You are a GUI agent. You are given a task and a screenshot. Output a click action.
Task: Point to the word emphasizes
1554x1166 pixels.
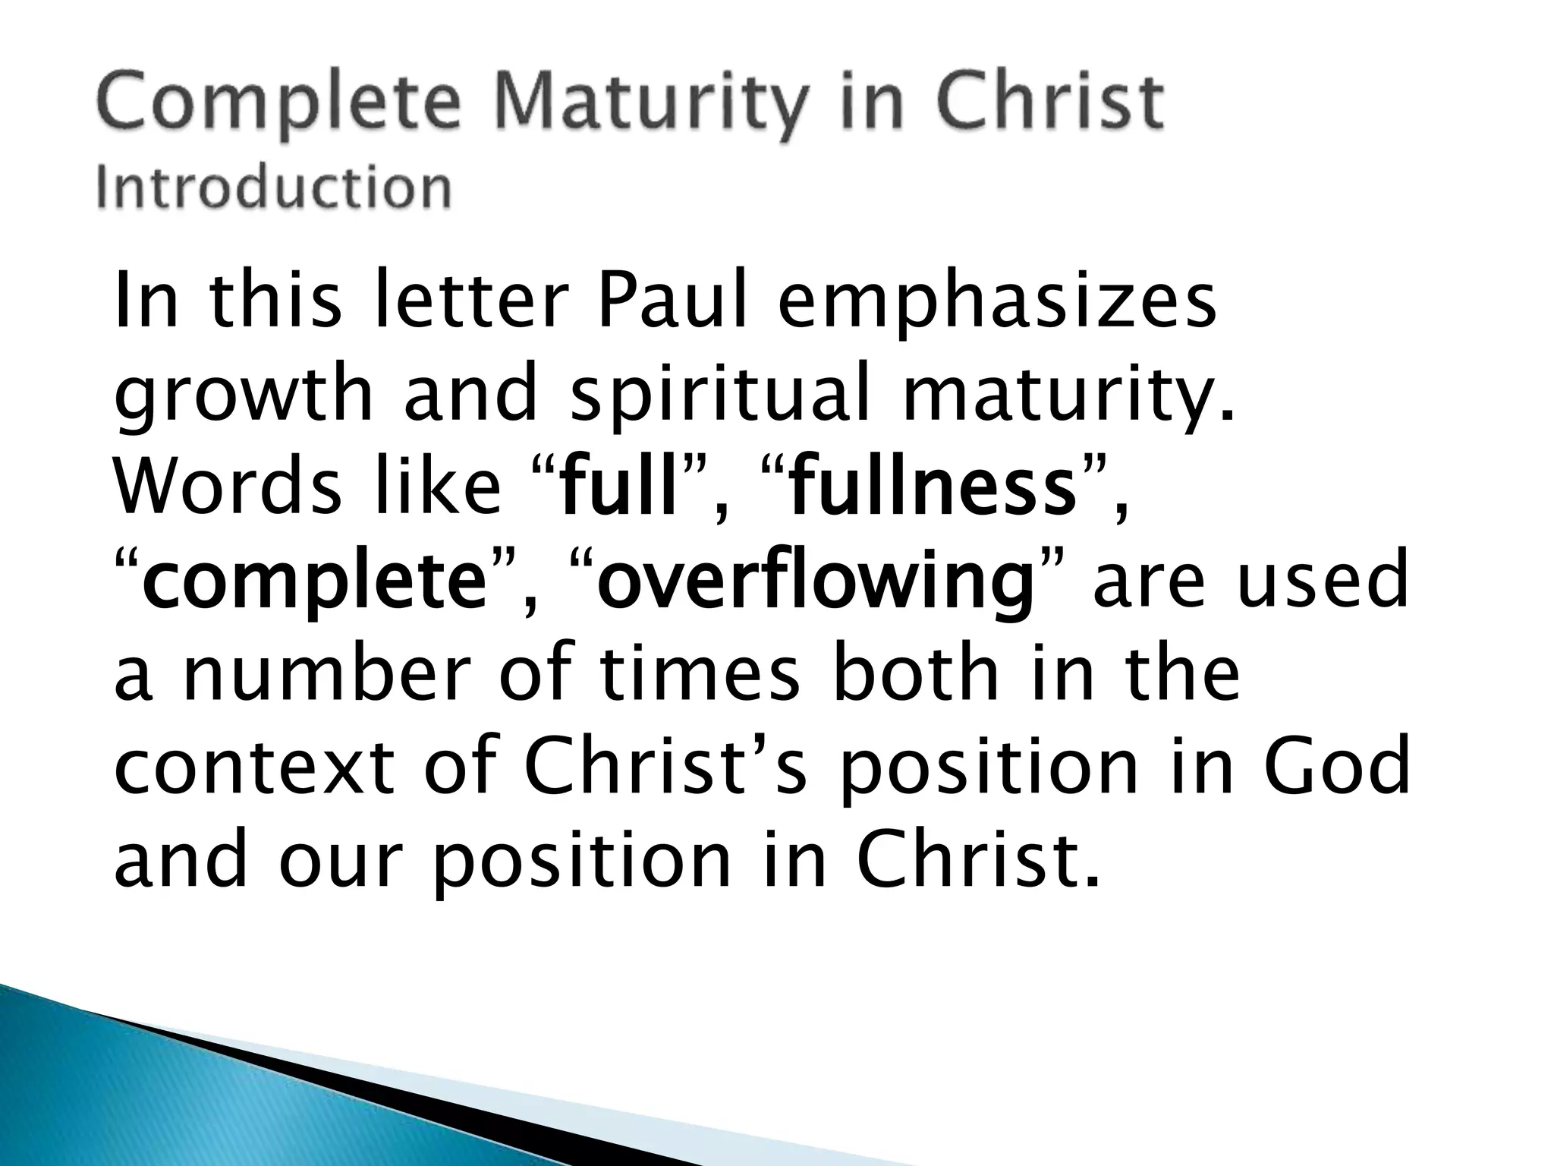click(x=997, y=304)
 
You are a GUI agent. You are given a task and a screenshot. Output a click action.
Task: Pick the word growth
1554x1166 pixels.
click(x=244, y=396)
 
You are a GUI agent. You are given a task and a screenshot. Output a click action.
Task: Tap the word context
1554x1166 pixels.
click(x=254, y=767)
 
